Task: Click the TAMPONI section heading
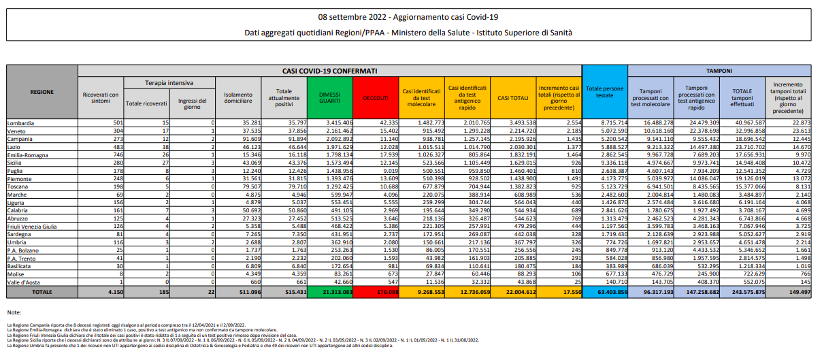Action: point(719,70)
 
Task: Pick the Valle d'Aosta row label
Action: point(24,282)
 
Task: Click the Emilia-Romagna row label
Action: point(27,155)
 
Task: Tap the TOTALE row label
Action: point(42,291)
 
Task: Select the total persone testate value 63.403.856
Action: point(604,291)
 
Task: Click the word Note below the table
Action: point(14,312)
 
